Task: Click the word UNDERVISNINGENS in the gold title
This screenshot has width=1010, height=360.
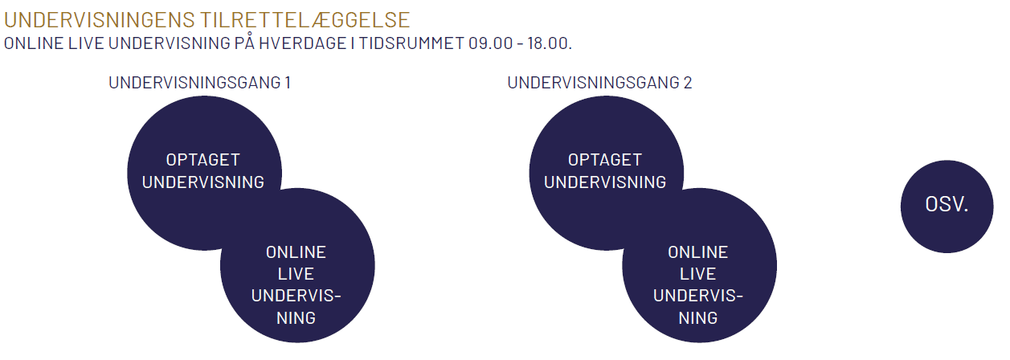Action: pyautogui.click(x=99, y=20)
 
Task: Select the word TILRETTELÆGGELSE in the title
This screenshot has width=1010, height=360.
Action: pyautogui.click(x=305, y=20)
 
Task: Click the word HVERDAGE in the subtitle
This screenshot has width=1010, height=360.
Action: pyautogui.click(x=303, y=43)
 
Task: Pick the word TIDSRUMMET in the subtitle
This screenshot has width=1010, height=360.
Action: pyautogui.click(x=411, y=43)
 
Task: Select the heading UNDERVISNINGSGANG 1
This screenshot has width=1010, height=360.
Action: pyautogui.click(x=200, y=83)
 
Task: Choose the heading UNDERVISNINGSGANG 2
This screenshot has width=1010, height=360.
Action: pyautogui.click(x=599, y=83)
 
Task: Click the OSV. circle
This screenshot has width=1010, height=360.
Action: pyautogui.click(x=947, y=207)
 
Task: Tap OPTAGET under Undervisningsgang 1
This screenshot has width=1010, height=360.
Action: pyautogui.click(x=203, y=160)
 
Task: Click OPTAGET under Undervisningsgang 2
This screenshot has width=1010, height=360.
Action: pyautogui.click(x=605, y=160)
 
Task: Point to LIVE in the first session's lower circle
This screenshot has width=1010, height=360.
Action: pyautogui.click(x=296, y=274)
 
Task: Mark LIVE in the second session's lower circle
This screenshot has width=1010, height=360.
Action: pyautogui.click(x=698, y=274)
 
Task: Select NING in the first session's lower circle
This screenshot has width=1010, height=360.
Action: pyautogui.click(x=296, y=318)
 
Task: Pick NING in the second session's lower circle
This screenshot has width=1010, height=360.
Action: pyautogui.click(x=698, y=318)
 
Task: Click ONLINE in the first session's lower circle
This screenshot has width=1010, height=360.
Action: pyautogui.click(x=296, y=252)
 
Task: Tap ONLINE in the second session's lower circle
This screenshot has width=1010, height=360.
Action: pyautogui.click(x=698, y=252)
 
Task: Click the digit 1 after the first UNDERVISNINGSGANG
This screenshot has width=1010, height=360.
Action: pyautogui.click(x=288, y=83)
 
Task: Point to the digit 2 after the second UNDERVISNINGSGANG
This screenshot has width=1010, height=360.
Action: pyautogui.click(x=688, y=83)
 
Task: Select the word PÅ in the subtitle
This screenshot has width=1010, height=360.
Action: pyautogui.click(x=244, y=43)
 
